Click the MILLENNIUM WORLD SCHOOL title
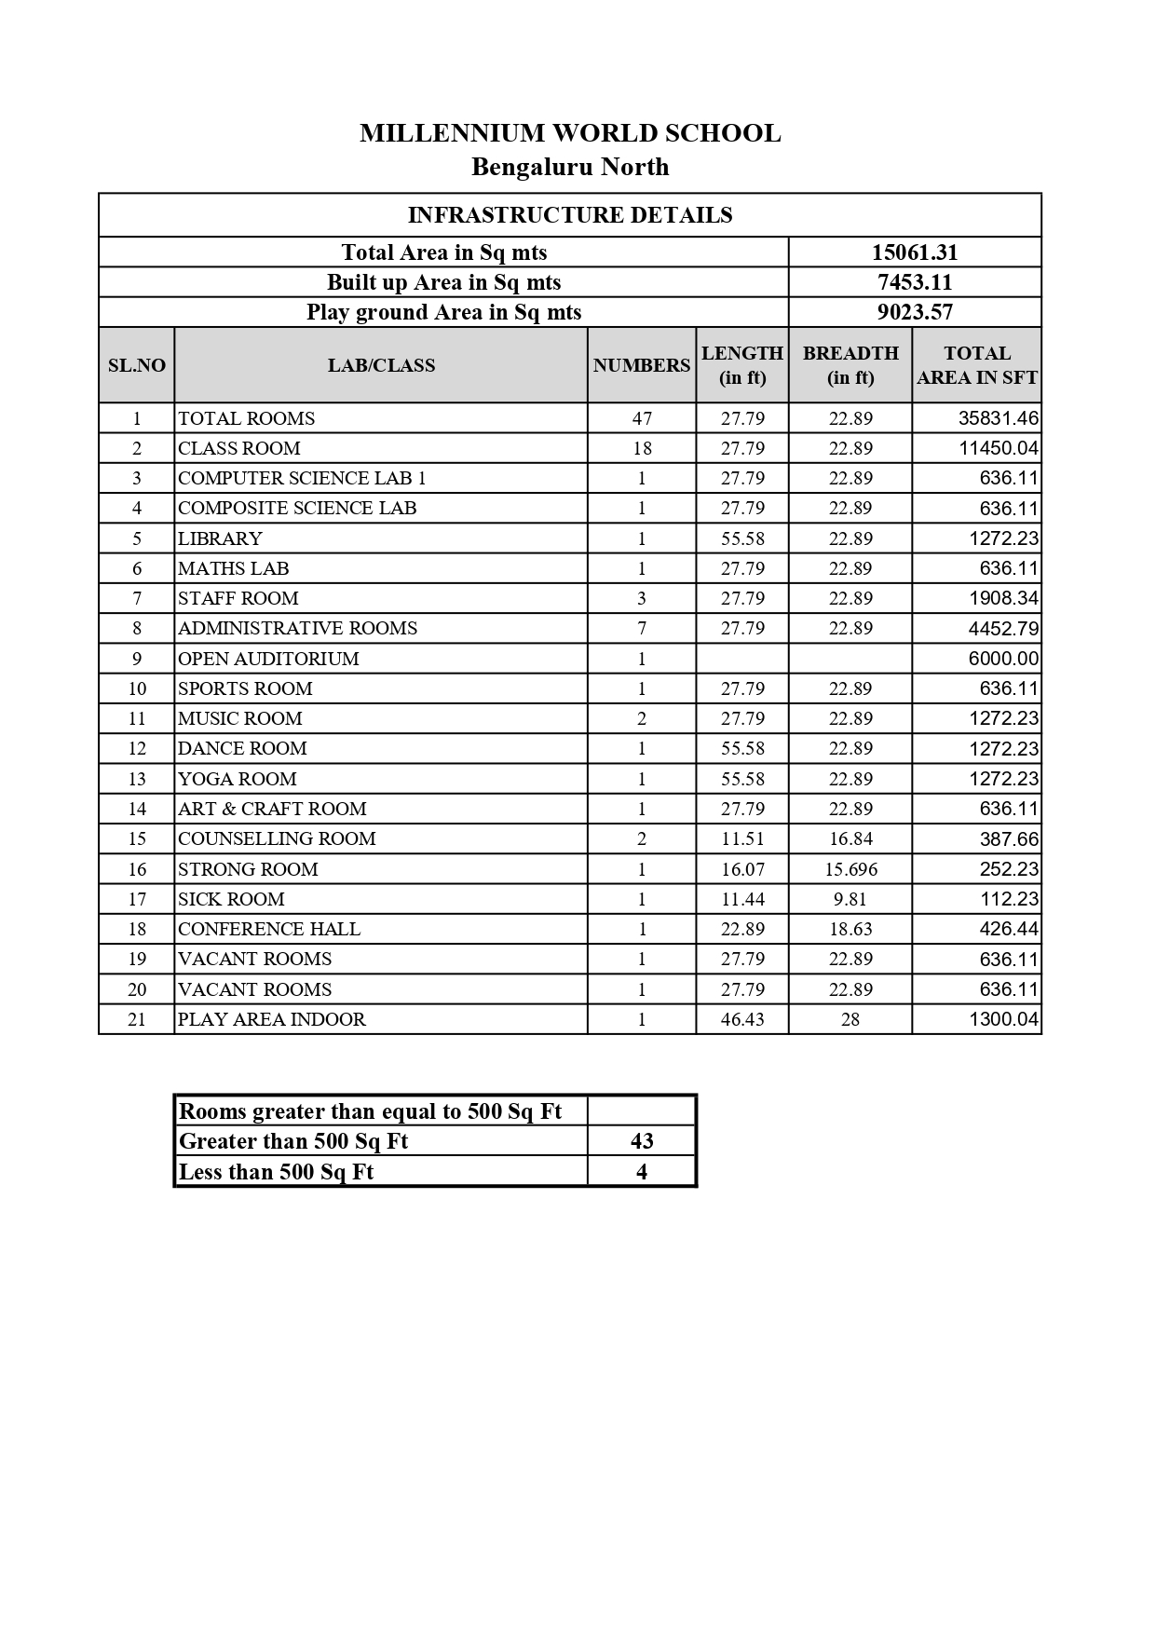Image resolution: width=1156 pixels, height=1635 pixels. click(x=570, y=133)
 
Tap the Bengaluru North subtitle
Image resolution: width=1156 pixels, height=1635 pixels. click(x=570, y=167)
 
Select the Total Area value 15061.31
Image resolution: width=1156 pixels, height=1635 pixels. click(x=915, y=252)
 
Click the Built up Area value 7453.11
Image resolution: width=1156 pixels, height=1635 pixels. click(x=915, y=282)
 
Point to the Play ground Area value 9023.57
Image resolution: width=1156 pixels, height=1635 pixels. click(x=915, y=312)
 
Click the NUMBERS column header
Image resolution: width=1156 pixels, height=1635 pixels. click(x=642, y=365)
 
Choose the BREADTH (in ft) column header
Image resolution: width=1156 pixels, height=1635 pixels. click(x=850, y=365)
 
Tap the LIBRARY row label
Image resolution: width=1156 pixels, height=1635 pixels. click(x=221, y=538)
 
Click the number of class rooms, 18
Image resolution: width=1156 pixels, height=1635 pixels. click(x=642, y=448)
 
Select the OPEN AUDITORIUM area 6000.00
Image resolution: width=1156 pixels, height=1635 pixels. click(x=1003, y=659)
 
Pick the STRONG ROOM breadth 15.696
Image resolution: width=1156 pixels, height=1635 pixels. click(x=850, y=869)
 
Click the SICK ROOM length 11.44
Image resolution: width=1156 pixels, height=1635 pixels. click(x=742, y=899)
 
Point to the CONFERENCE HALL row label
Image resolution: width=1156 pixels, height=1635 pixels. click(x=269, y=929)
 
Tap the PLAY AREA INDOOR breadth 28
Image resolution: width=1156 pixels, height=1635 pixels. click(x=850, y=1019)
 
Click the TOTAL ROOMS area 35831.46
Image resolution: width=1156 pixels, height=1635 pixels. click(x=999, y=418)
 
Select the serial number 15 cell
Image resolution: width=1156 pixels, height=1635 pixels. click(x=137, y=838)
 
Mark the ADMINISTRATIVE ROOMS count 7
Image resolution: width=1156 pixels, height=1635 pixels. click(x=642, y=628)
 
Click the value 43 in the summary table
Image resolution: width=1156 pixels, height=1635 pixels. click(x=642, y=1141)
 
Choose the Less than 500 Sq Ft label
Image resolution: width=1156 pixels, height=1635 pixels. click(x=276, y=1172)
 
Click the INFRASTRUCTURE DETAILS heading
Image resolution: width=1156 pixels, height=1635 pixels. click(x=570, y=215)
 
